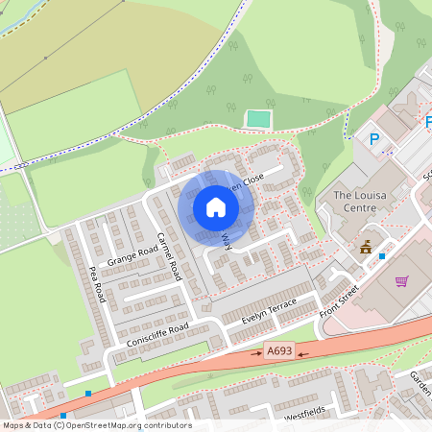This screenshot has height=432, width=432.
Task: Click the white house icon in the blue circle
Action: click(x=216, y=206)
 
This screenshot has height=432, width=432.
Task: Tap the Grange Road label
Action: click(x=132, y=256)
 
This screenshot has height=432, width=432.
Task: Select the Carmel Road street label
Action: click(x=169, y=256)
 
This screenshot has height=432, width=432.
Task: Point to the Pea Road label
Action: click(x=97, y=285)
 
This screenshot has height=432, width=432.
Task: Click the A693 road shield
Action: click(x=279, y=353)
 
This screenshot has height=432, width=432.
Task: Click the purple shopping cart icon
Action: click(x=401, y=281)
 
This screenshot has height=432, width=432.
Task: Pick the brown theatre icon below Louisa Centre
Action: click(x=366, y=248)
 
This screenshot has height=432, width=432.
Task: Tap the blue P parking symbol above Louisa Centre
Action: click(x=374, y=139)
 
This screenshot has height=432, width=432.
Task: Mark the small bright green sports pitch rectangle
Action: click(x=257, y=119)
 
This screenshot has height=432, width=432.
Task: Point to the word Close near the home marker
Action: click(x=252, y=180)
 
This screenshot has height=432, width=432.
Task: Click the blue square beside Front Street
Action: click(x=382, y=256)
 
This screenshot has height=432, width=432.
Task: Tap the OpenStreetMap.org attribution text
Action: click(x=132, y=425)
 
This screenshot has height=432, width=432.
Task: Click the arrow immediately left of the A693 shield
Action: click(x=256, y=353)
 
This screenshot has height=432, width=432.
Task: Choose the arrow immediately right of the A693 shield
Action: click(x=302, y=353)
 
